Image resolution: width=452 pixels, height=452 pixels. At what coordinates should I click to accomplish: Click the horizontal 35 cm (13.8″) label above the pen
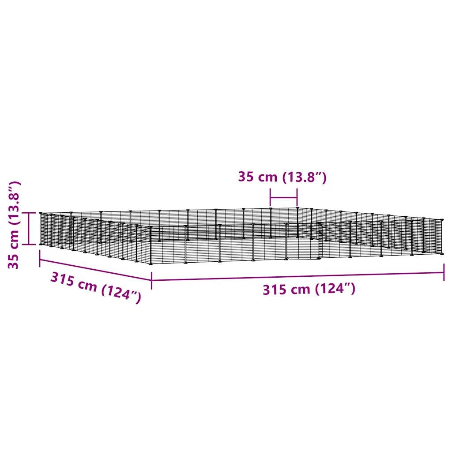tap(282, 177)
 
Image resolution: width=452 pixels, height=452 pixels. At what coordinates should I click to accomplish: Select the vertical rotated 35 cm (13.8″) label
tap(14, 225)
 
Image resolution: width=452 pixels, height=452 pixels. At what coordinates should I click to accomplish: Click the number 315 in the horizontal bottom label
tap(275, 290)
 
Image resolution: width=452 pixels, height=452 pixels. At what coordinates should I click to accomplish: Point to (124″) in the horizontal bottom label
tap(335, 289)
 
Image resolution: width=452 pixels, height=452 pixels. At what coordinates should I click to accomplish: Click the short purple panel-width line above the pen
tap(284, 198)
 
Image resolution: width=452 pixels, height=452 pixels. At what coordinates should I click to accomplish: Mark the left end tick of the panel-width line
tap(271, 198)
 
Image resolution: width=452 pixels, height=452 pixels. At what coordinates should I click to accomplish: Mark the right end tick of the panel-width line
tap(297, 198)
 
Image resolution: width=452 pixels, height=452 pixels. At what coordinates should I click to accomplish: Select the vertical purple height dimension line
tap(29, 229)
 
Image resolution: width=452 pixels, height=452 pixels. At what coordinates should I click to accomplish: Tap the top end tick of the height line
tap(29, 213)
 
